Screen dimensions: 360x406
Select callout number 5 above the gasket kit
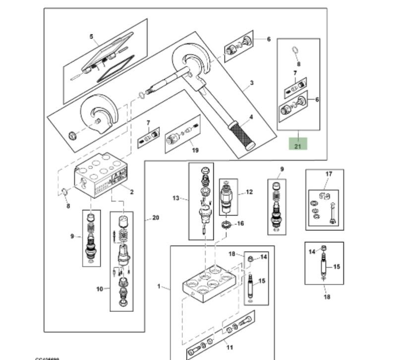91,36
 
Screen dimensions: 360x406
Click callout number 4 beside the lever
251,117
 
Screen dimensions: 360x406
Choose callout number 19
195,150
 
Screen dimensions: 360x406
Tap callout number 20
156,218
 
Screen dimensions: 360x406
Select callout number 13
175,198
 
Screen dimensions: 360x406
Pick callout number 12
249,191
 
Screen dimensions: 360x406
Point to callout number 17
328,174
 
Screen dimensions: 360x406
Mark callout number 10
99,288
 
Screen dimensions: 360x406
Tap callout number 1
159,286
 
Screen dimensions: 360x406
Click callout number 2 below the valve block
132,192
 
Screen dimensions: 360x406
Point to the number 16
241,224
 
